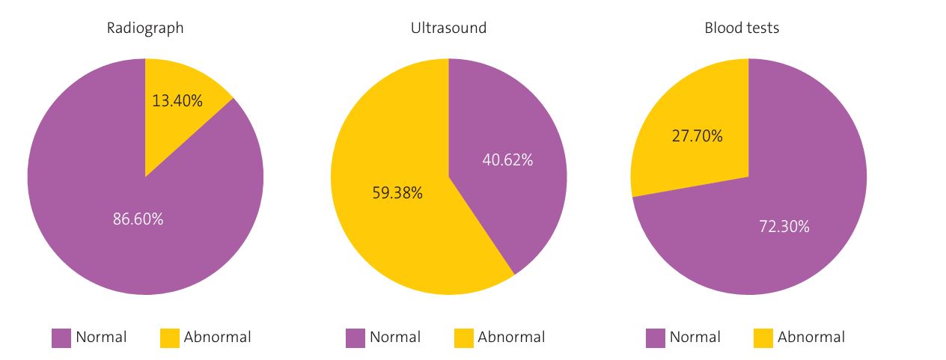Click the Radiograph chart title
pos(145,28)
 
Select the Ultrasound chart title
pos(448,28)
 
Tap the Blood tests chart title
pos(742,28)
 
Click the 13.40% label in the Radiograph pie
pos(177,100)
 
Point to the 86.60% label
pos(138,219)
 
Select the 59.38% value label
pos(397,193)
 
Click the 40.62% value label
pos(507,159)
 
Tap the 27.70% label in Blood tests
pos(698,136)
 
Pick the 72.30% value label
pos(784,226)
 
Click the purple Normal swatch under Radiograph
pos(61,338)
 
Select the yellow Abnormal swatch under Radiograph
pos(170,338)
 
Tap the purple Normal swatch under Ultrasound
pos(355,338)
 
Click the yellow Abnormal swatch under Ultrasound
pos(464,338)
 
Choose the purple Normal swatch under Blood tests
pos(656,338)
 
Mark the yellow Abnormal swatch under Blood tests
pos(763,338)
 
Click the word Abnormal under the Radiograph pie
pos(218,338)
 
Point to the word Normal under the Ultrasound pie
pos(395,338)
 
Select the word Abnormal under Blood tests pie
pos(811,338)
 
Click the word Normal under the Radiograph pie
pos(101,338)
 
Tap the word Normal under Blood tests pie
pos(695,338)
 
